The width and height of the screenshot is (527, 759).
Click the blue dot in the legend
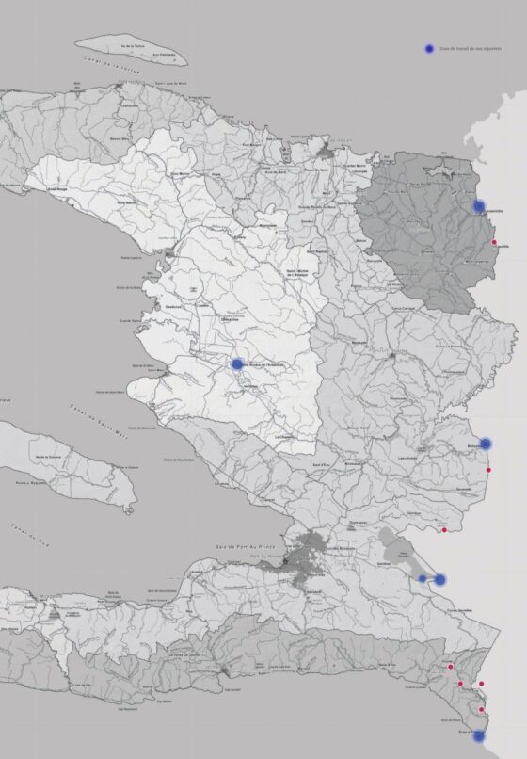429,47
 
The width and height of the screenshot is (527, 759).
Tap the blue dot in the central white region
237,363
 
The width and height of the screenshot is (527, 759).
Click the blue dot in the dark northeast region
479,206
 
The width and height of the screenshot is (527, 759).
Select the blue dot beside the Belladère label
486,444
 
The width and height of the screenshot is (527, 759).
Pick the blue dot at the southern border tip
478,735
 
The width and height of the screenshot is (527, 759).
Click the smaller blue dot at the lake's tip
423,578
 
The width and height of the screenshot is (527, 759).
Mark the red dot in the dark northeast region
494,243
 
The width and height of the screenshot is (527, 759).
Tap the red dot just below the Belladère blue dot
488,469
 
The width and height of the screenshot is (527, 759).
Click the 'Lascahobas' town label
407,459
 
